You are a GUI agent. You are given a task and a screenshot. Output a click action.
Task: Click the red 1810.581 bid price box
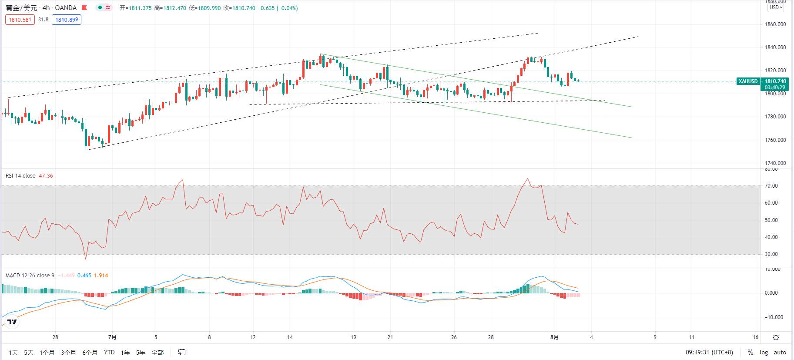20,20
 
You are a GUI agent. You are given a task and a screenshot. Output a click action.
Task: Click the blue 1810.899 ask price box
67,20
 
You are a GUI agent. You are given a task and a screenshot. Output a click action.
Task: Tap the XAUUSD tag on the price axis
748,81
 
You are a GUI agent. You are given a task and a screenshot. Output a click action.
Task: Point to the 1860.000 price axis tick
775,24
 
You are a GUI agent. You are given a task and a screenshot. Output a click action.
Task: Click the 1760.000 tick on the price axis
775,140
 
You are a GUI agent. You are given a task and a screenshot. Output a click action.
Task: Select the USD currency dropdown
776,7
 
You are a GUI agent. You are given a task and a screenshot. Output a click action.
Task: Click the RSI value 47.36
46,176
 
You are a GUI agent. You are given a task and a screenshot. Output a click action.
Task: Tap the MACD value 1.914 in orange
101,276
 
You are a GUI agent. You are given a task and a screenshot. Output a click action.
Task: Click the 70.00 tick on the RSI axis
771,186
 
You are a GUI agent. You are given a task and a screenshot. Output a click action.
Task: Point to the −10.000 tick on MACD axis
774,317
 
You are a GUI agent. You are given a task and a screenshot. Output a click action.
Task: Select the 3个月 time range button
68,353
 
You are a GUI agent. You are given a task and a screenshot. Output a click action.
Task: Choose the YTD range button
109,352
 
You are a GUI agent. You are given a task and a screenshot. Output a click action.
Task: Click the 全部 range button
157,353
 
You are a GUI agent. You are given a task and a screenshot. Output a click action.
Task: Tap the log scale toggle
764,353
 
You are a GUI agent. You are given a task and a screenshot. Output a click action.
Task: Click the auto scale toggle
780,353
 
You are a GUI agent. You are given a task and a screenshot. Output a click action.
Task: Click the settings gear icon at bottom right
776,337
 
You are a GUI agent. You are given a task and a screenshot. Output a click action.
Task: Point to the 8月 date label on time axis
554,337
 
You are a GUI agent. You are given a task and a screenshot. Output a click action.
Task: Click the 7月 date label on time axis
112,337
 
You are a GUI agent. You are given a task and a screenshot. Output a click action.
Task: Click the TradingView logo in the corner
12,322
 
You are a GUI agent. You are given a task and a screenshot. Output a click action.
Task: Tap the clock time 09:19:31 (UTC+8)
709,353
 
